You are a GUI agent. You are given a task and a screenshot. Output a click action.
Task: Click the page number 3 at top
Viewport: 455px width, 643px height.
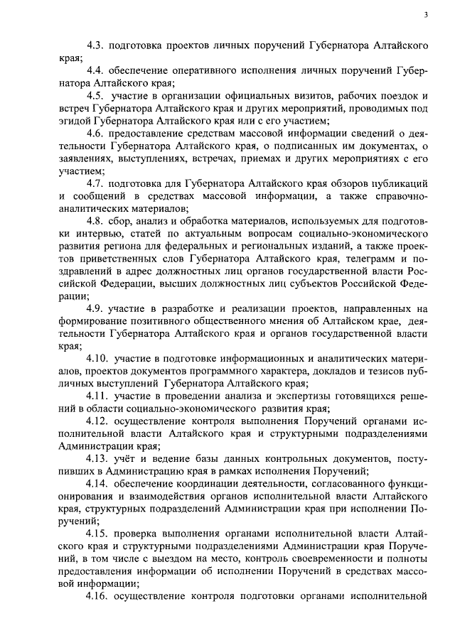pyautogui.click(x=424, y=14)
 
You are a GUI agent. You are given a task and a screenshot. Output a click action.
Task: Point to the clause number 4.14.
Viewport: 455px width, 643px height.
pyautogui.click(x=99, y=487)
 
